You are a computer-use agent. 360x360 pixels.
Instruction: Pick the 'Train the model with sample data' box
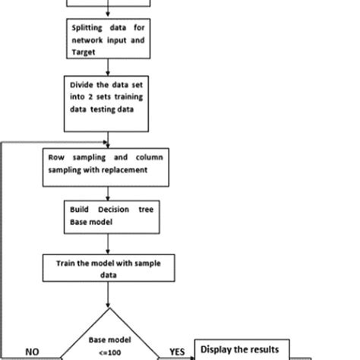pyautogui.click(x=109, y=268)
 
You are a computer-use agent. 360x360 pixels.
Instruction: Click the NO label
pyautogui.click(x=33, y=352)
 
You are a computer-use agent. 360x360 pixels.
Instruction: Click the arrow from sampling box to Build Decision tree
pyautogui.click(x=110, y=189)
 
